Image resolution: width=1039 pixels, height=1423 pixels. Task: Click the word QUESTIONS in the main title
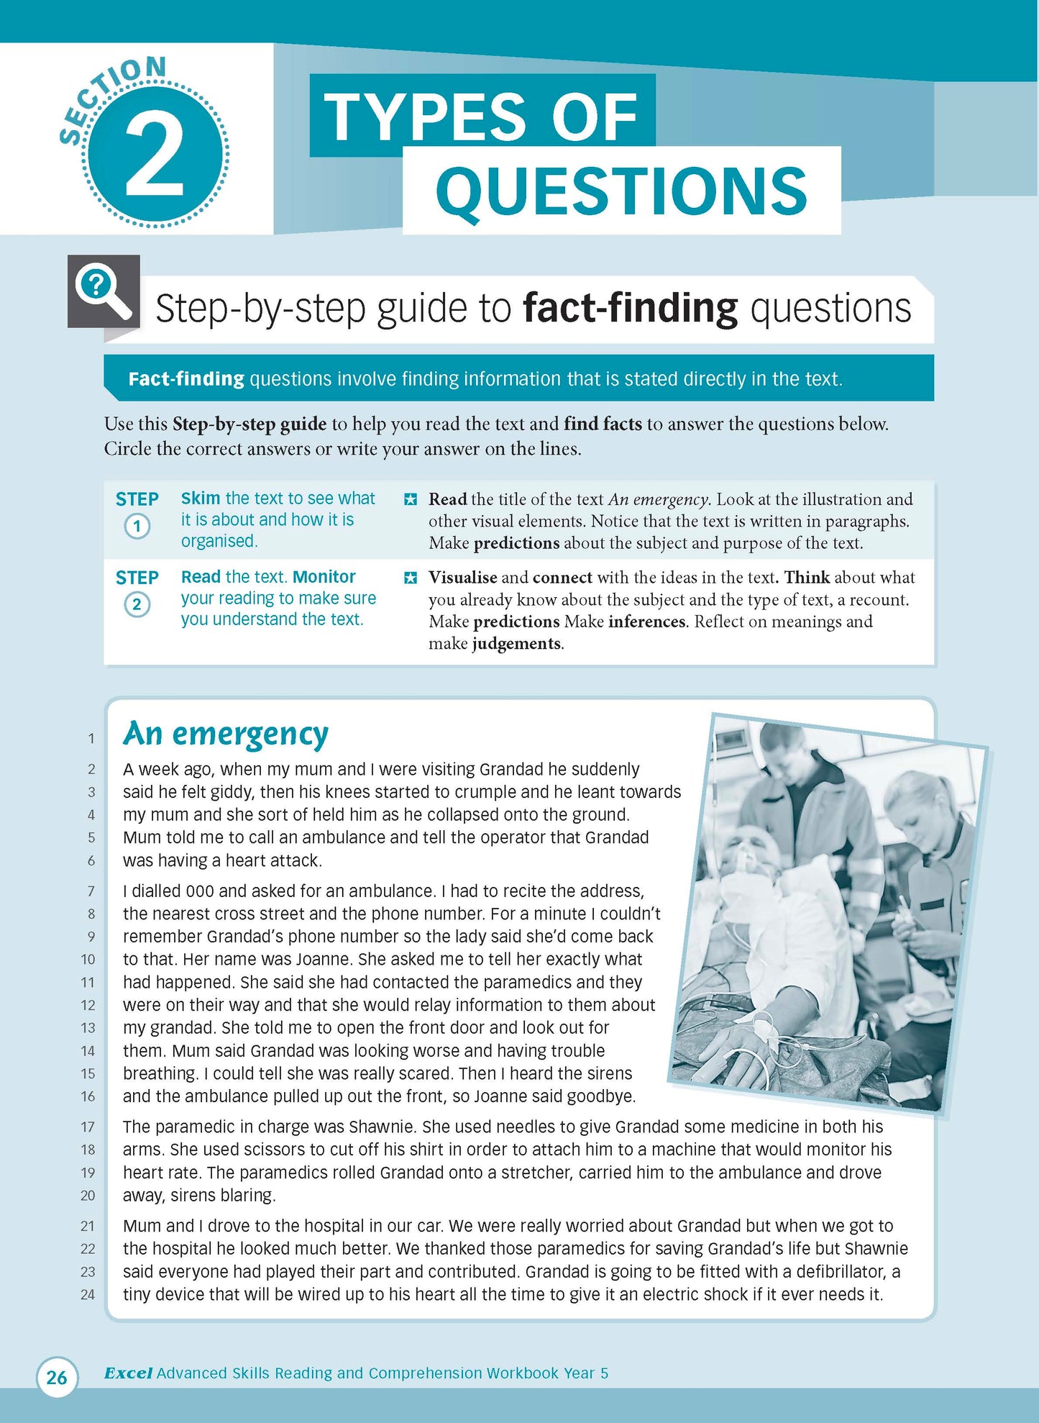[621, 192]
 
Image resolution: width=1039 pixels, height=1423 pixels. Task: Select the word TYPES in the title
[424, 117]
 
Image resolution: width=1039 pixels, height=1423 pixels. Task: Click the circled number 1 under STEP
[137, 526]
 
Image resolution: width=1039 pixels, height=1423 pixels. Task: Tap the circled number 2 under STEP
[137, 604]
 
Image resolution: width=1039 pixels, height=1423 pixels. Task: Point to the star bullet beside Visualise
[410, 578]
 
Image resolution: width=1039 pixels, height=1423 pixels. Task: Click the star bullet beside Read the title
[410, 499]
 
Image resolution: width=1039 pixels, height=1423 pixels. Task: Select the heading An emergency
[226, 735]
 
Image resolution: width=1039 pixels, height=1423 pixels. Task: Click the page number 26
[56, 1377]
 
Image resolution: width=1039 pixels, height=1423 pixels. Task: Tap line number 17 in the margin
[88, 1127]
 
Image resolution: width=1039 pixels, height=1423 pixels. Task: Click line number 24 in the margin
[88, 1295]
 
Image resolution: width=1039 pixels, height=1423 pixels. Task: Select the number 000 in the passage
[200, 891]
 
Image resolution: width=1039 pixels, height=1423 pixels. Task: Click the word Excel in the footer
[128, 1373]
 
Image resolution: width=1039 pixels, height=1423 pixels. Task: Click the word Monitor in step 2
[324, 577]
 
